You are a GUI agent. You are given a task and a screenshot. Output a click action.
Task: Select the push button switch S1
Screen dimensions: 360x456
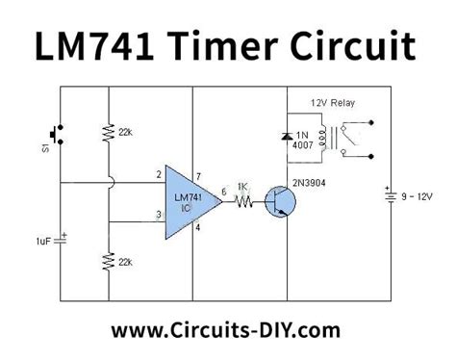(58, 134)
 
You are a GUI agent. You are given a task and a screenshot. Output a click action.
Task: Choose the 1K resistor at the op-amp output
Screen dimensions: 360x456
(244, 202)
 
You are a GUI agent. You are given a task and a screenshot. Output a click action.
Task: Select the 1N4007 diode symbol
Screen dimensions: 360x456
(286, 140)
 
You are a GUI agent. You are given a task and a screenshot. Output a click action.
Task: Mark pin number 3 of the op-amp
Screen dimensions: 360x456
(156, 215)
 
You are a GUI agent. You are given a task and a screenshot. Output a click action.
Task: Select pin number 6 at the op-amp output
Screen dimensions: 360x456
(223, 193)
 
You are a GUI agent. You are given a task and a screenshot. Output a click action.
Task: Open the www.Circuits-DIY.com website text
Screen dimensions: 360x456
(226, 330)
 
